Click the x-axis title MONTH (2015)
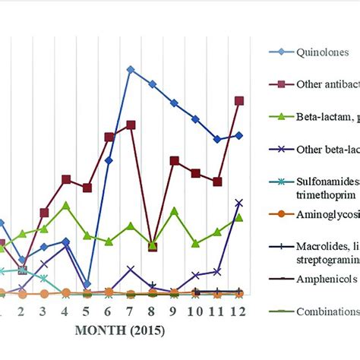(x=118, y=332)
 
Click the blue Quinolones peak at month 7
(x=131, y=69)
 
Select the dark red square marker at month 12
(x=239, y=100)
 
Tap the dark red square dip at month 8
(x=153, y=245)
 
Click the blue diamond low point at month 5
(x=87, y=284)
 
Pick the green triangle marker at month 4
(x=66, y=205)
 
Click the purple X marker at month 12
(x=239, y=203)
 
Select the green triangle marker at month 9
(x=174, y=210)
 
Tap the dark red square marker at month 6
(x=109, y=137)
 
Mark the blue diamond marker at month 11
(x=217, y=139)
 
